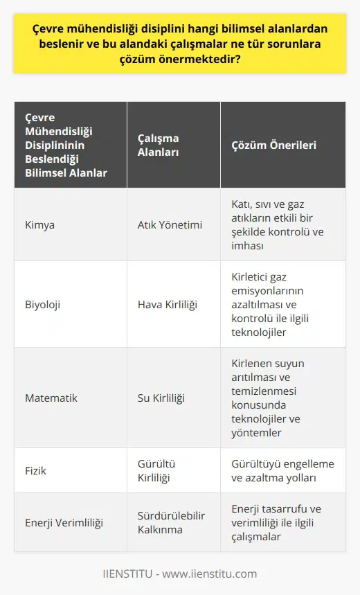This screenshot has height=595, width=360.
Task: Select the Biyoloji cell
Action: [x=43, y=303]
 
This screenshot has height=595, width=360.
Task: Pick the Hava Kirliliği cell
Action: [x=166, y=303]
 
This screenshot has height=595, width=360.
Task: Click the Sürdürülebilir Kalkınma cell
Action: [x=167, y=523]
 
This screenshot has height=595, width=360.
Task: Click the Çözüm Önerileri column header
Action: [x=273, y=145]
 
